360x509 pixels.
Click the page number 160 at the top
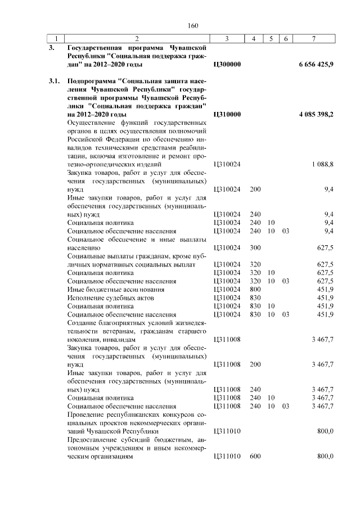pos(193,25)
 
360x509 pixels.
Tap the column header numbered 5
pos(271,38)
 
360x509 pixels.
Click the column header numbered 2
pos(137,38)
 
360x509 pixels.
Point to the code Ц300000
pos(228,65)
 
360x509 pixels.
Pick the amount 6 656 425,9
pos(316,65)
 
